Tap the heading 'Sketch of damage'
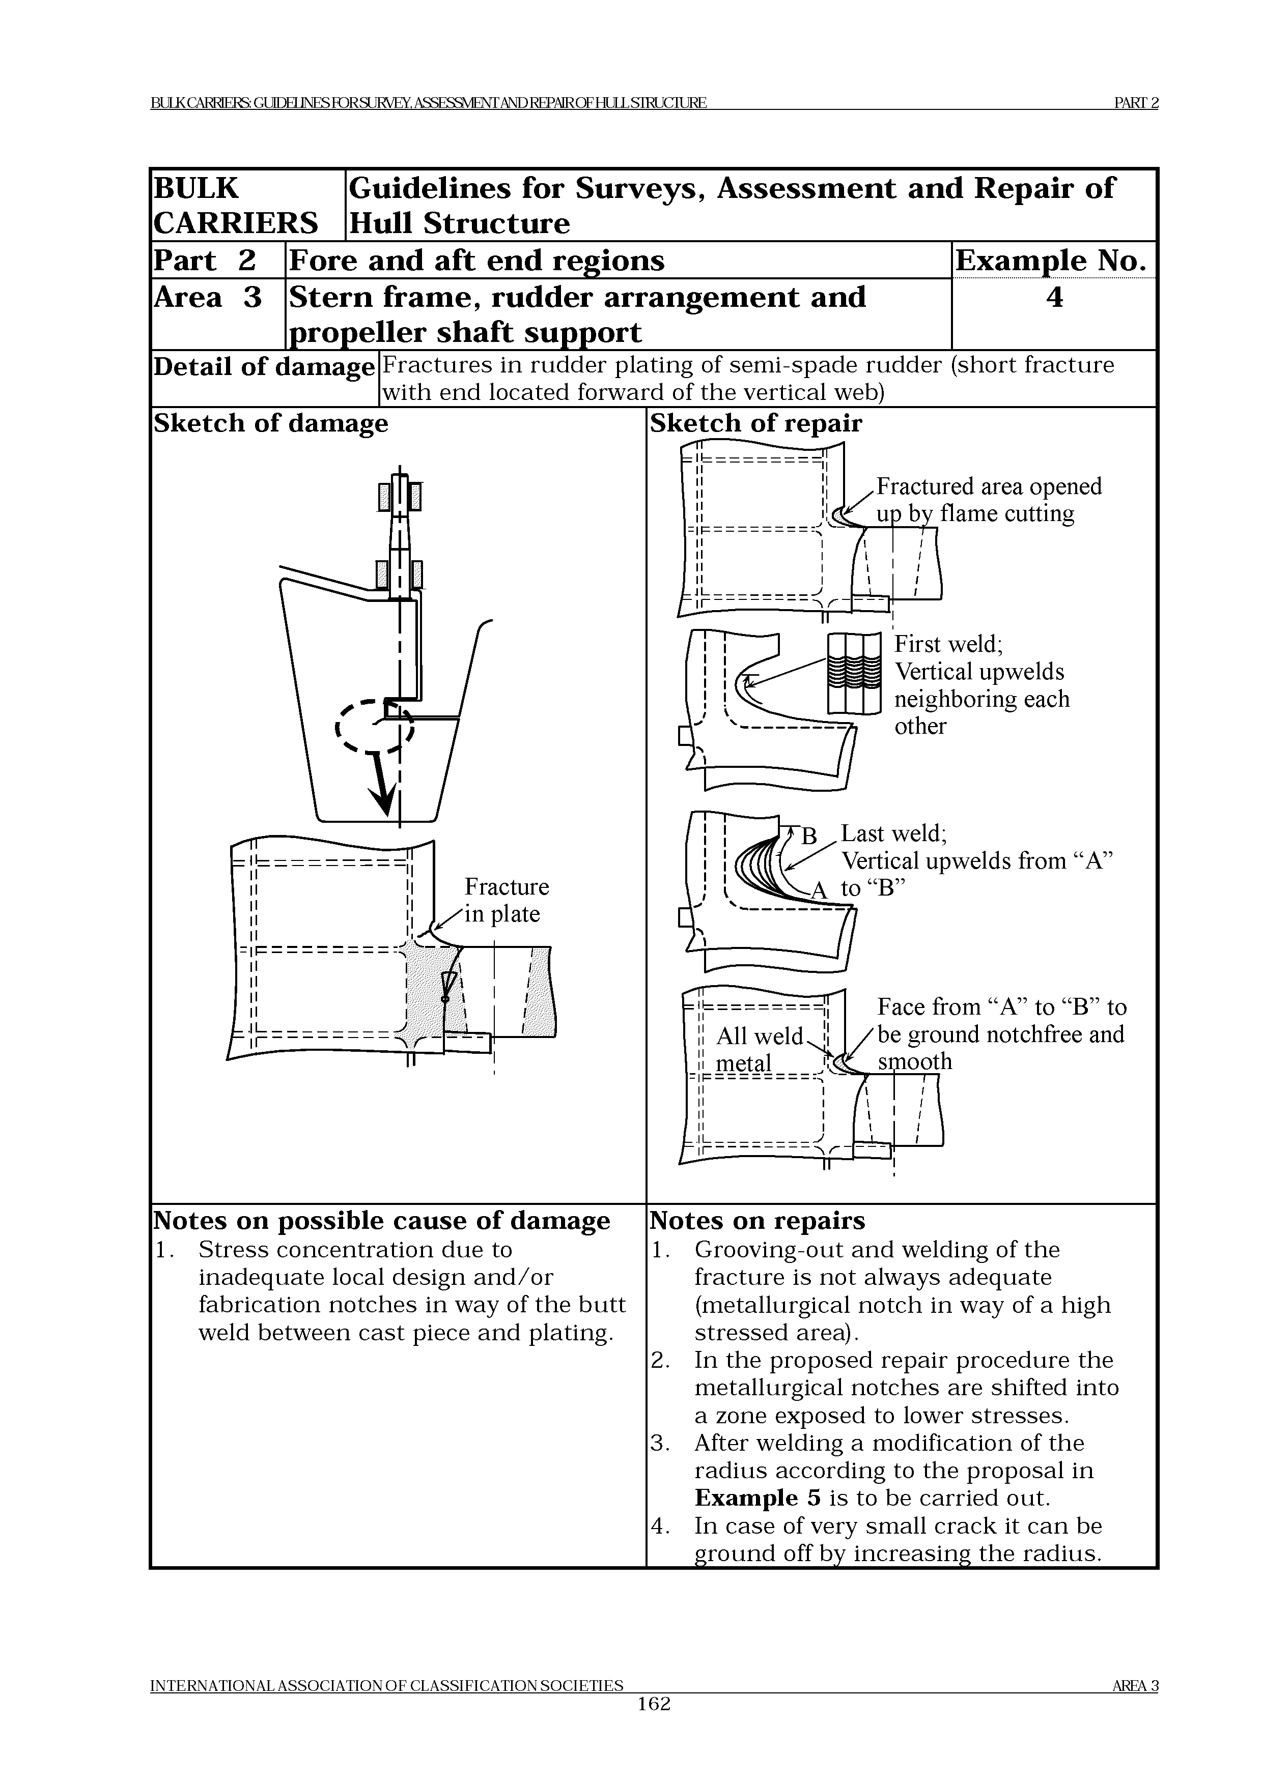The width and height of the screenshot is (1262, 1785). (271, 424)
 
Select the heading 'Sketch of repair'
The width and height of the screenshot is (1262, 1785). (756, 424)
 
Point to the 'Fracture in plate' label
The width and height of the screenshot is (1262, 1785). (506, 900)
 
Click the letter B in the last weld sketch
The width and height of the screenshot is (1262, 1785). (809, 837)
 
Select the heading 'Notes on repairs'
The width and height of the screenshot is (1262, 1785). (758, 1221)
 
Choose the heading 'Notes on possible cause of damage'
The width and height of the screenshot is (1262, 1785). (382, 1221)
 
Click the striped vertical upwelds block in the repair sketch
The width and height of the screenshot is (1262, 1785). (854, 673)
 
